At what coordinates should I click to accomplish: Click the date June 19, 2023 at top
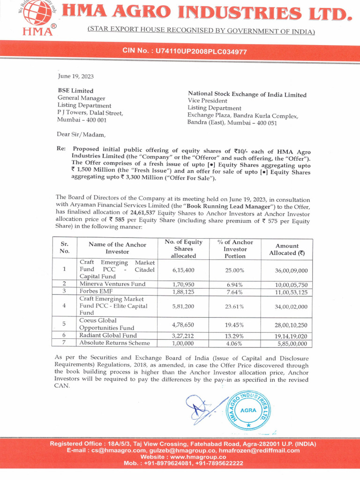coord(75,75)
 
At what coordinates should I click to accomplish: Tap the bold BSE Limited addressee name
coord(75,90)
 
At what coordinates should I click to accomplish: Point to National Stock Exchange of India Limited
coord(247,95)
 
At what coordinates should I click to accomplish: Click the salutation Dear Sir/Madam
coord(78,135)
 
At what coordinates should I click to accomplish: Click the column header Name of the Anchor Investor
coord(117,248)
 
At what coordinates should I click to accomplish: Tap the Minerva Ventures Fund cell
coord(112,284)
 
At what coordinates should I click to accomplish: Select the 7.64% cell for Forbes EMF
coord(235,292)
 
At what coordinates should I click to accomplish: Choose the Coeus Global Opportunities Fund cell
coord(107,324)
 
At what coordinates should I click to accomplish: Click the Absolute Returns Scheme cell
coord(114,343)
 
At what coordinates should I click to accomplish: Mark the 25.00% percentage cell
coord(235,270)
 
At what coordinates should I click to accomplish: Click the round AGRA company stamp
coord(248,409)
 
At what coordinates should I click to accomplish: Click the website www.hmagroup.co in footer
coord(180,457)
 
